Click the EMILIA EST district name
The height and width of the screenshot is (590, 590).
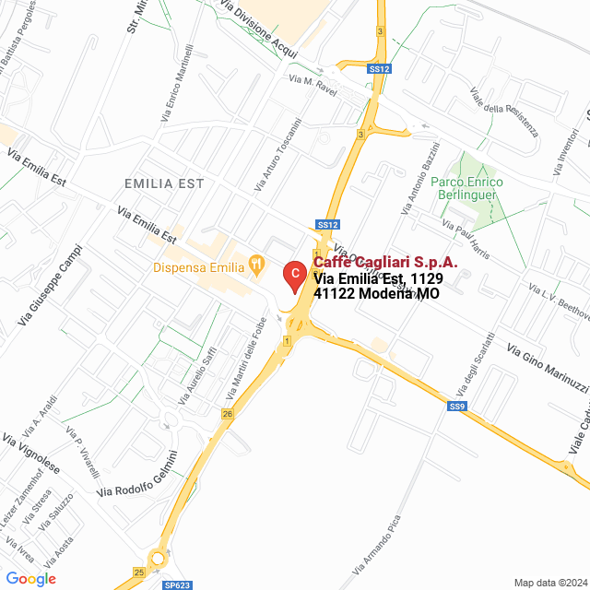(x=164, y=184)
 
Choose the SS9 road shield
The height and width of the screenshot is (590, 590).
(x=457, y=406)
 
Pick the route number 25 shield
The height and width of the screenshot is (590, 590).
(x=138, y=572)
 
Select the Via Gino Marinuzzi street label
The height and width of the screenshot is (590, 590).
(x=547, y=368)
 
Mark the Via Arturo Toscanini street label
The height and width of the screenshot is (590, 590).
(x=277, y=156)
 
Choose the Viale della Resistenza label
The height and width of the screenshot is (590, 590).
(x=503, y=112)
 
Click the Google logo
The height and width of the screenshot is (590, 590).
(x=30, y=578)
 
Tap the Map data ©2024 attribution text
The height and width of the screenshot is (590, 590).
(x=550, y=583)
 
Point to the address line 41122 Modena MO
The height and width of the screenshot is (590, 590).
(x=375, y=293)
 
